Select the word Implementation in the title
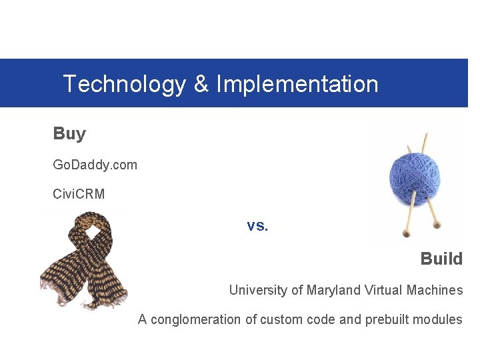coord(297,85)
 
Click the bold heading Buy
coord(69,133)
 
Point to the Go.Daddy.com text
coord(95,164)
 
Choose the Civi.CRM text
coord(79,194)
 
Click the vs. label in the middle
coord(257,225)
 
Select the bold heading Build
coord(441,259)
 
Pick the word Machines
coord(436,290)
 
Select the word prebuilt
coord(387,319)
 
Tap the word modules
coord(438,319)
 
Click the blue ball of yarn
coord(415,178)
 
